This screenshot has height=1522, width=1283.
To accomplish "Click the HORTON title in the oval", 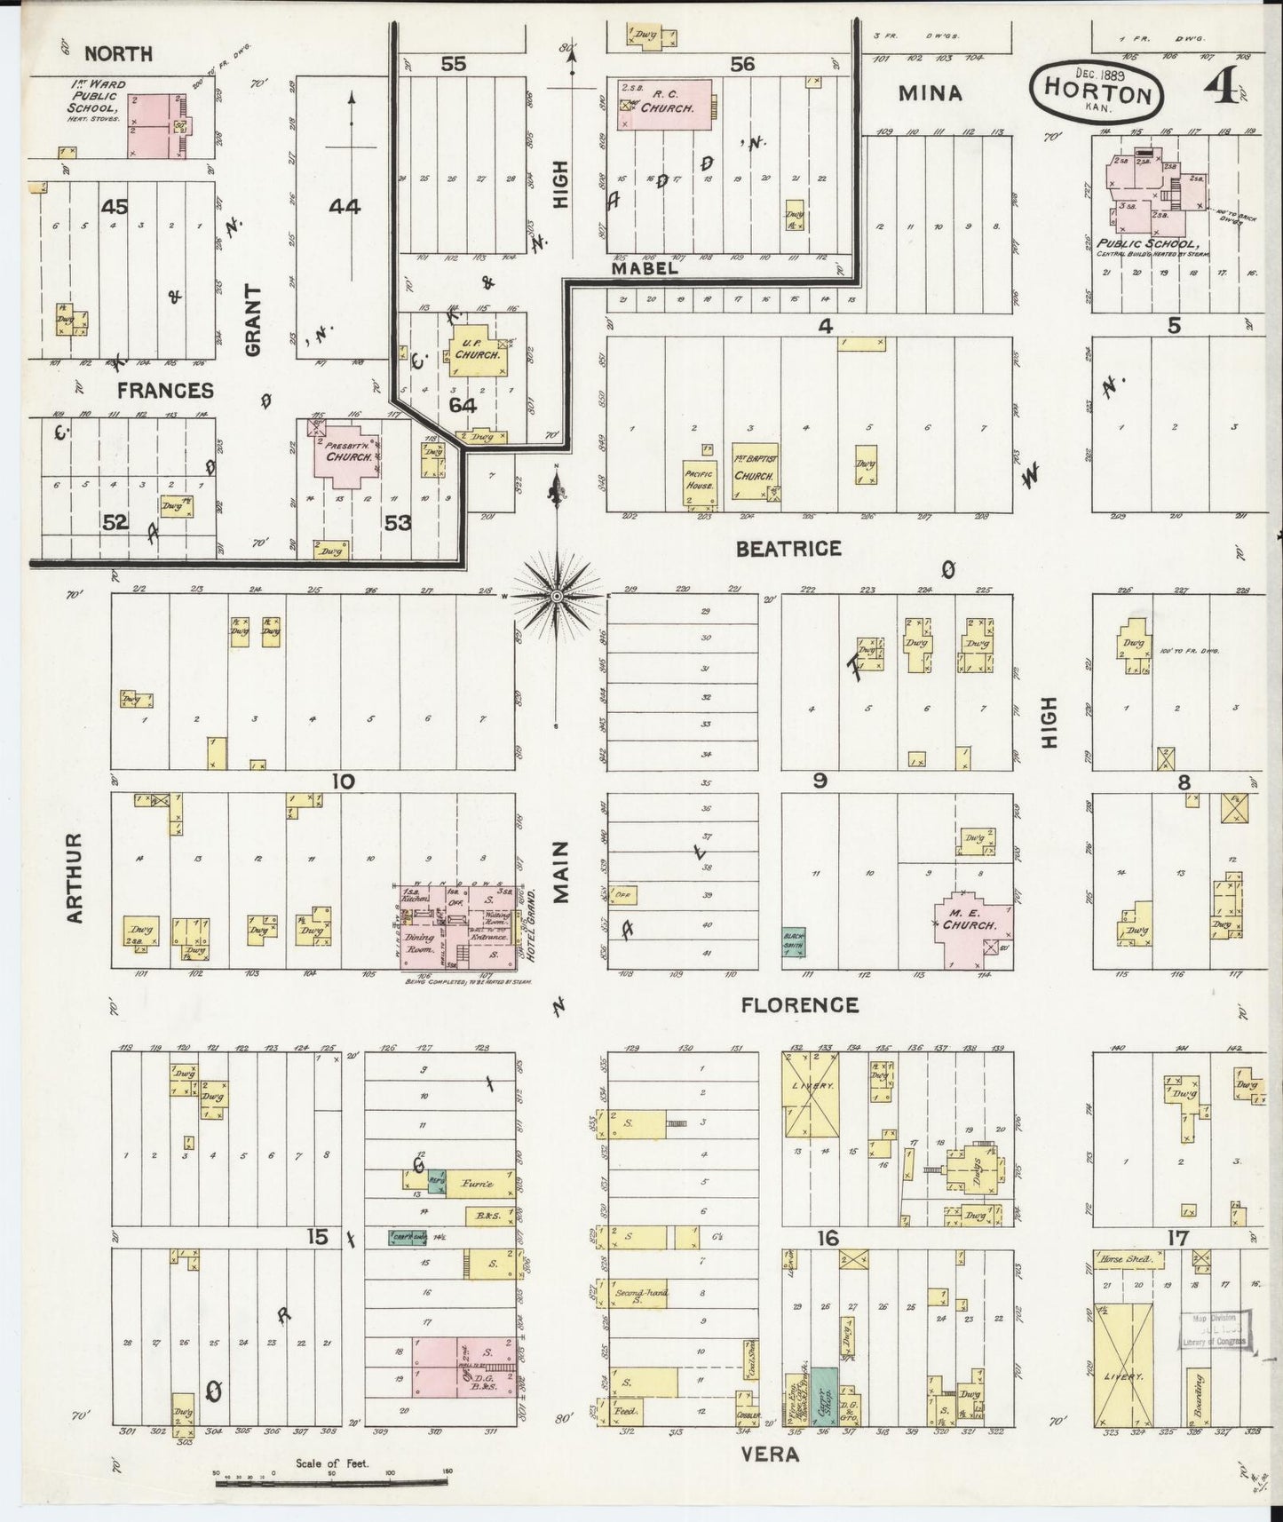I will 1097,91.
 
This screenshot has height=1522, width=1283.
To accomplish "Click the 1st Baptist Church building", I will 755,471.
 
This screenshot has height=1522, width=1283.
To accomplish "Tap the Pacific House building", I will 700,480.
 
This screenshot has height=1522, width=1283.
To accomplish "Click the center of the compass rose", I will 557,596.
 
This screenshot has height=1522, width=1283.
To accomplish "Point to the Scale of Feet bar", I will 332,1482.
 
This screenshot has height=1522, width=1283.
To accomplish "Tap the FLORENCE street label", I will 799,1004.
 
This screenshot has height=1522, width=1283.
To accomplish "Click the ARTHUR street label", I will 75,877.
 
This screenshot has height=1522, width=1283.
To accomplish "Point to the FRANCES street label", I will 165,390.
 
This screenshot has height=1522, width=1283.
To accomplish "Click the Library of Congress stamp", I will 1215,1329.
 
